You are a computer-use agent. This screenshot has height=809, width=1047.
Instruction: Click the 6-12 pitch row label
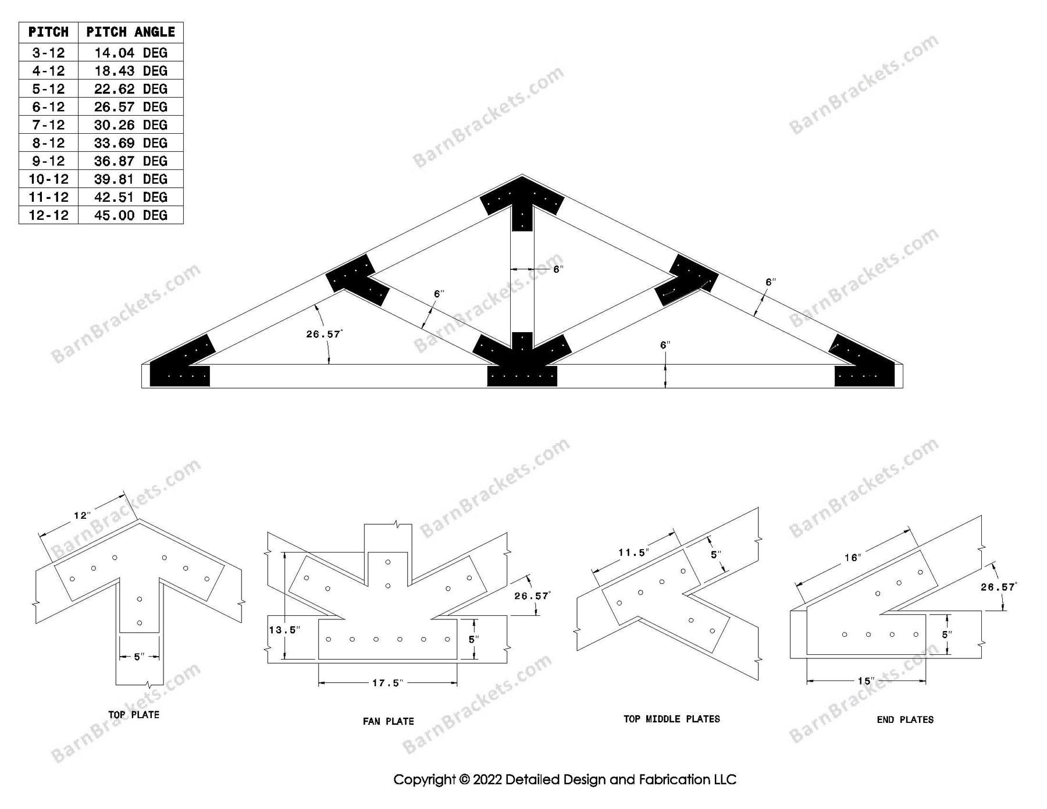click(x=48, y=107)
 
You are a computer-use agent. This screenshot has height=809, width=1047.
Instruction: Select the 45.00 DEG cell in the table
click(x=130, y=215)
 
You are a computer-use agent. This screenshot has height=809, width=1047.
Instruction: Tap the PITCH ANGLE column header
click(x=130, y=32)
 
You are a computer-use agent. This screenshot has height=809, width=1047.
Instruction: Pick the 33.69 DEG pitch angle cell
click(x=130, y=143)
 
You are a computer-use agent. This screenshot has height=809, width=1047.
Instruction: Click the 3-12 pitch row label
click(x=48, y=53)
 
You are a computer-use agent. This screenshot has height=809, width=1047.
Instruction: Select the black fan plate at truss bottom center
click(x=522, y=366)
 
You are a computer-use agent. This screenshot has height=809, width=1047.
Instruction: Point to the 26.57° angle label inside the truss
click(x=324, y=334)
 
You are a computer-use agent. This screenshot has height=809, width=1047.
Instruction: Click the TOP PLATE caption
click(x=133, y=715)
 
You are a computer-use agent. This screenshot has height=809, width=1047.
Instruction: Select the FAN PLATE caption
click(x=388, y=721)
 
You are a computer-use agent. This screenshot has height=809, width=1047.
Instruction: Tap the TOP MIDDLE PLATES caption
click(x=671, y=719)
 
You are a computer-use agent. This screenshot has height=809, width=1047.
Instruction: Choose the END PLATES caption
click(x=905, y=720)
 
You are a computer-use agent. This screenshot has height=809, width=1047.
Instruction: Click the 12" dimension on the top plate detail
click(x=82, y=515)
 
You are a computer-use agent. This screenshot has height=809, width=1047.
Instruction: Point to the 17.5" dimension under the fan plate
click(x=387, y=683)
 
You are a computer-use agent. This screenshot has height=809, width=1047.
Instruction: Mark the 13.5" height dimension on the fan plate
click(x=284, y=630)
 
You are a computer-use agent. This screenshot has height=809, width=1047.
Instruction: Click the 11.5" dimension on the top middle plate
click(x=633, y=553)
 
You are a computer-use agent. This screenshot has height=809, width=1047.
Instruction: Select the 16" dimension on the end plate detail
click(x=852, y=558)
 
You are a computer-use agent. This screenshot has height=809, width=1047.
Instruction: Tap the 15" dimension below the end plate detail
click(x=866, y=681)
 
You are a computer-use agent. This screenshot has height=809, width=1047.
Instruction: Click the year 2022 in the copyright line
click(x=487, y=779)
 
